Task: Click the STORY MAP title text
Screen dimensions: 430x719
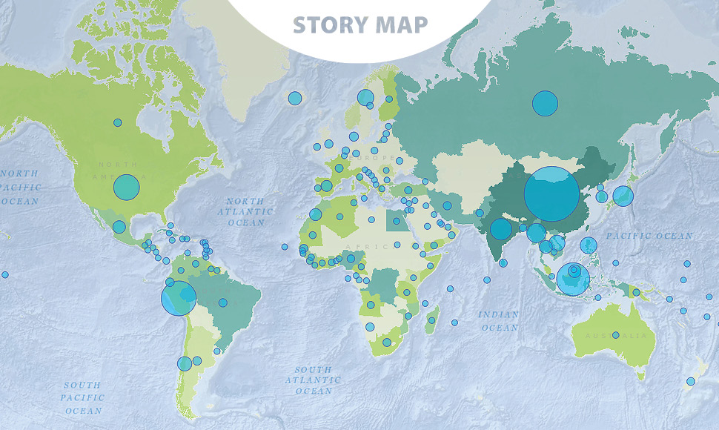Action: [x=360, y=24]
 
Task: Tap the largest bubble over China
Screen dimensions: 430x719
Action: [x=551, y=194]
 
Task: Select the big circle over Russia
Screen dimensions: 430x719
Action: [x=545, y=104]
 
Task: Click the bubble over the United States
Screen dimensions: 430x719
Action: [x=127, y=187]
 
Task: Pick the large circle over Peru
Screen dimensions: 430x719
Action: [x=179, y=298]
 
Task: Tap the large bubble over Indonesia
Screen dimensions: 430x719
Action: [x=573, y=279]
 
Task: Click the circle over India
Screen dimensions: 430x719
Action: [x=501, y=229]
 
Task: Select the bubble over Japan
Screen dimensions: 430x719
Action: [x=623, y=196]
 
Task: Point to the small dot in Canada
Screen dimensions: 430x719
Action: [x=117, y=122]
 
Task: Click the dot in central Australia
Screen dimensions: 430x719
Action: [x=615, y=335]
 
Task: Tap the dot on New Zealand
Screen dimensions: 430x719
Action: [x=690, y=381]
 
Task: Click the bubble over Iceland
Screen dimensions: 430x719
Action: [x=295, y=98]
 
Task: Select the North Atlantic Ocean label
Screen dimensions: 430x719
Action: [x=245, y=212]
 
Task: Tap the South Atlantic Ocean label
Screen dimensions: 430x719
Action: [x=314, y=380]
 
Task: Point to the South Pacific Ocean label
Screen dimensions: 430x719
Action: [x=83, y=397]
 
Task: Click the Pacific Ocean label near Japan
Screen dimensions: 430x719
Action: [x=649, y=236]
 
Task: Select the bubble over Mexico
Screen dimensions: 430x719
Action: [x=119, y=227]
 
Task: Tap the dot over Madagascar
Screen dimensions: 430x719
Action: [x=431, y=320]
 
